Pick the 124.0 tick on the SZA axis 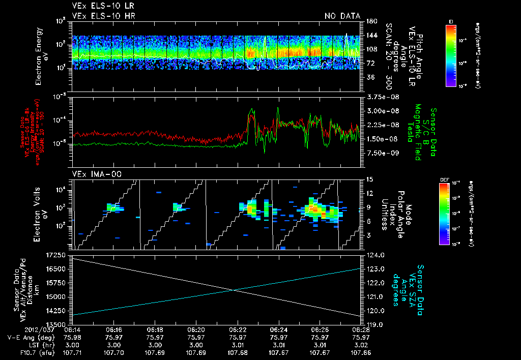click(375, 254)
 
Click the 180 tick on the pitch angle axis click(370, 21)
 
